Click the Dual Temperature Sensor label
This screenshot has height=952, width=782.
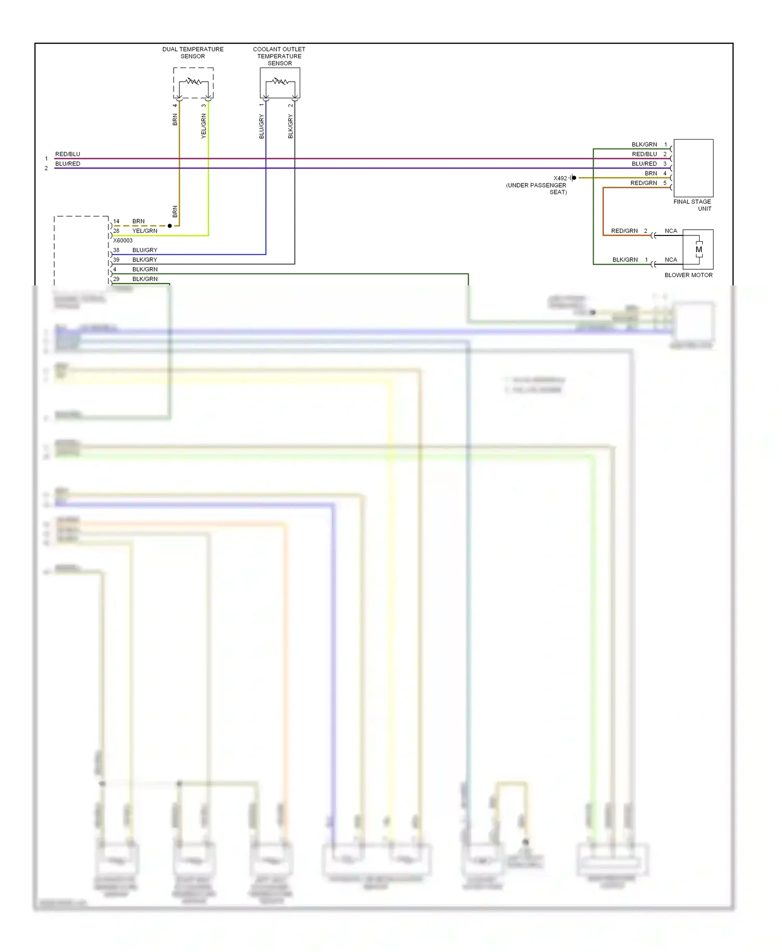[x=192, y=53]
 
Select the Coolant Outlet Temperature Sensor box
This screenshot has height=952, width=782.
[x=280, y=83]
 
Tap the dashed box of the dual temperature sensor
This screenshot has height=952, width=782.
[x=193, y=83]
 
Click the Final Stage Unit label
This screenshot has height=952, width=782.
[x=693, y=205]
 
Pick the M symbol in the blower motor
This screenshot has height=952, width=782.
[x=699, y=249]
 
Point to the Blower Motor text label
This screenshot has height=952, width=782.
[x=688, y=275]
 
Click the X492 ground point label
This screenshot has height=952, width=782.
[x=560, y=178]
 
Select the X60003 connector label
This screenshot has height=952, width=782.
[x=123, y=241]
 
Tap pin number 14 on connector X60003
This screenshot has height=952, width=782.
[x=116, y=221]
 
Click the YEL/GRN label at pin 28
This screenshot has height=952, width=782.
[x=144, y=231]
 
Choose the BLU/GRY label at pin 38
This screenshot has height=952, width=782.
[x=144, y=250]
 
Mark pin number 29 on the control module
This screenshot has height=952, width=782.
[x=116, y=279]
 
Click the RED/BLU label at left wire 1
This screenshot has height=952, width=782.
[x=68, y=154]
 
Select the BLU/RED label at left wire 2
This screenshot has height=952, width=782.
[x=68, y=164]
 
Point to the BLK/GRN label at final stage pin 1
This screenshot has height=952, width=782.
[x=644, y=144]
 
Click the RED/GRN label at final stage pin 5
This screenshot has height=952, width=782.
[x=643, y=183]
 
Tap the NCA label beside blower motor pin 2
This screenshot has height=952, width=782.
[x=670, y=231]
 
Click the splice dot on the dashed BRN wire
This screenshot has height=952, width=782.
[x=169, y=226]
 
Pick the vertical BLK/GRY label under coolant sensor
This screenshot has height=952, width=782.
[x=290, y=127]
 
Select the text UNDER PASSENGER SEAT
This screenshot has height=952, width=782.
[x=536, y=189]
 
